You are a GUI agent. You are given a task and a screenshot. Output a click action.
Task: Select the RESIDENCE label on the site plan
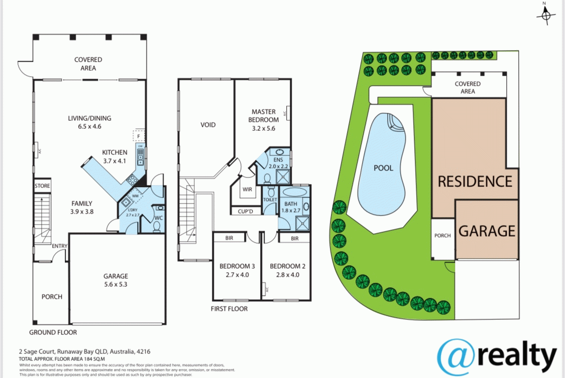[x=475, y=181]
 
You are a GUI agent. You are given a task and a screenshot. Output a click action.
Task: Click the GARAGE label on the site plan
[x=487, y=231]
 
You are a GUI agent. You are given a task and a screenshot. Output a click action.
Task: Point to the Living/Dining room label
[x=90, y=118]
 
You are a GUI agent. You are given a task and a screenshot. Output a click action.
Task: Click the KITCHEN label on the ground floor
[x=115, y=152]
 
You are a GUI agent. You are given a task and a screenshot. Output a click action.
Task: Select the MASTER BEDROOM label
[x=265, y=116]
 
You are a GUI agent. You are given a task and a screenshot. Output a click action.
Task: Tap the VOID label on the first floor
[x=208, y=124]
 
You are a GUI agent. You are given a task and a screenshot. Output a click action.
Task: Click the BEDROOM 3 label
[x=237, y=266]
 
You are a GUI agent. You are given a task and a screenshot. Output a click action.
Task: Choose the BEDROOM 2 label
[x=288, y=266]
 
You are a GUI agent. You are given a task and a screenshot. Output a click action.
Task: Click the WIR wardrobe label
[x=247, y=190]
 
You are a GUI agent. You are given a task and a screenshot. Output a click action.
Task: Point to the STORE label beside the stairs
[x=43, y=186]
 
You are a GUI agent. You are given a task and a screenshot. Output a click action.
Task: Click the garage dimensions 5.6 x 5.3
[x=116, y=284]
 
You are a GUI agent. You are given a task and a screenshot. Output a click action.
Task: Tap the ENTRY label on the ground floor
[x=59, y=246]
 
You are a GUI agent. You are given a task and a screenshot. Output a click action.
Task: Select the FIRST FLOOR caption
[x=229, y=309]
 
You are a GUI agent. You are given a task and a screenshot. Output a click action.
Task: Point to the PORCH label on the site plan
[x=442, y=236]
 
